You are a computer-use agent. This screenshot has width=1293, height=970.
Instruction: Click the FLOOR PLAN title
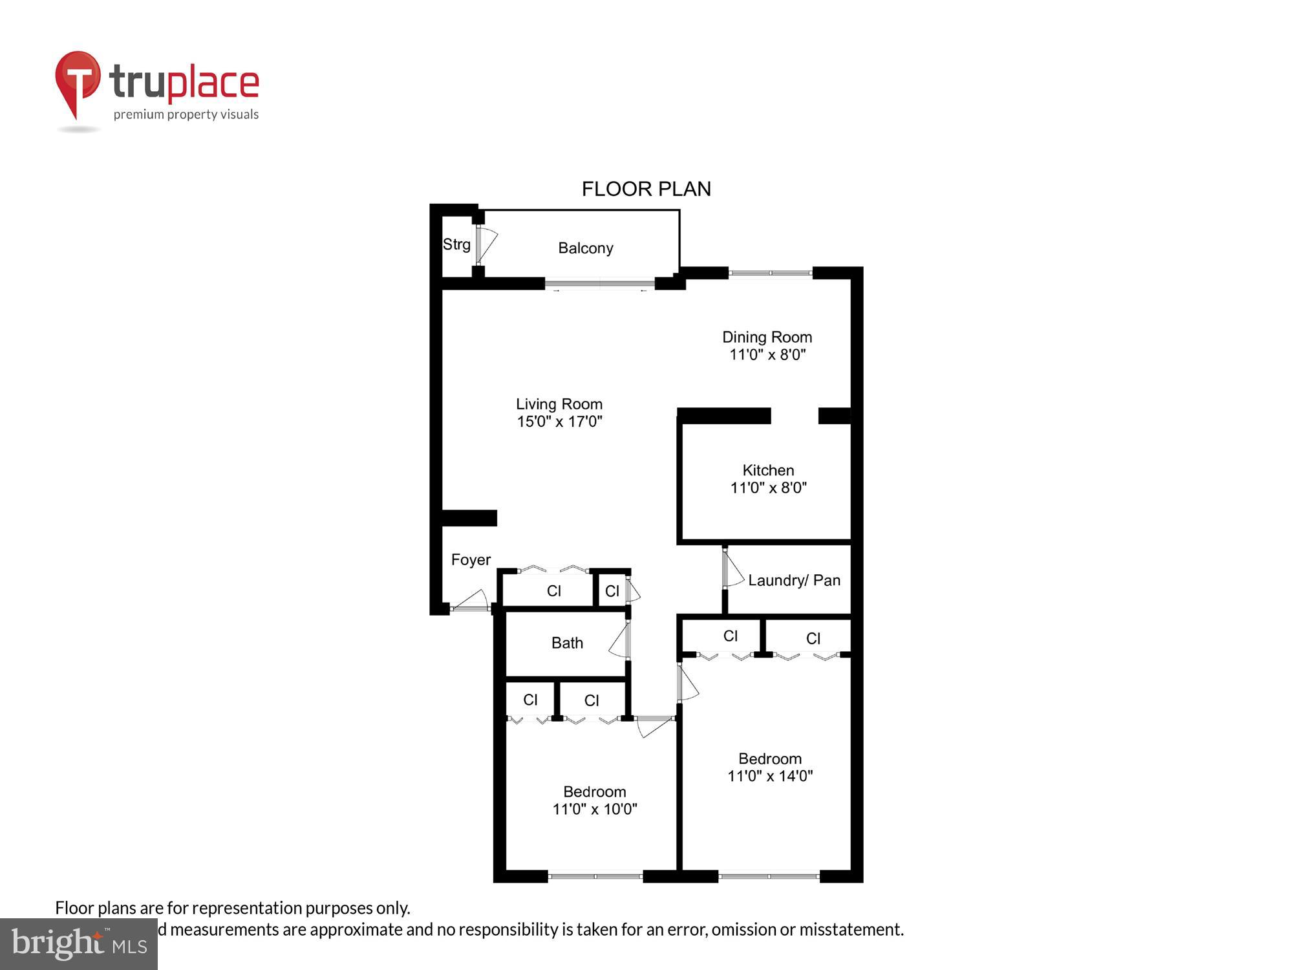(x=646, y=189)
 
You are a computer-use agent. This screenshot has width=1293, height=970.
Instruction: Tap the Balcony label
(x=585, y=248)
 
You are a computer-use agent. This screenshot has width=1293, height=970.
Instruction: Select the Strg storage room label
(x=456, y=244)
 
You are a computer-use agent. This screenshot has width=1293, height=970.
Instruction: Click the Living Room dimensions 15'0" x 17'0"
(x=559, y=422)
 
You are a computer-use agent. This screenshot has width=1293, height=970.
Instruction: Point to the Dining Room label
(x=767, y=337)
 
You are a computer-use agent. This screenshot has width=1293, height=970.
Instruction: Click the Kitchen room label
(x=768, y=470)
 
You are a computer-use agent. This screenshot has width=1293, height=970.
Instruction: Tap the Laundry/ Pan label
(x=794, y=580)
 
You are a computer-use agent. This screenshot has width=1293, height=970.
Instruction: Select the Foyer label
(x=471, y=559)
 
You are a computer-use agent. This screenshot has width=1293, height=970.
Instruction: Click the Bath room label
(x=567, y=643)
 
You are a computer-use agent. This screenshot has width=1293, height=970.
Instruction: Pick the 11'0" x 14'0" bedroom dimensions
(x=769, y=776)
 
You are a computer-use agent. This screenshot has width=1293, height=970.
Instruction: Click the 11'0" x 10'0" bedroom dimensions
(x=595, y=809)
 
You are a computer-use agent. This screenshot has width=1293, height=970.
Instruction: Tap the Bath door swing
(x=619, y=641)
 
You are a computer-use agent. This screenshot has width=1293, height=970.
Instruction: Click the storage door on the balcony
(x=486, y=244)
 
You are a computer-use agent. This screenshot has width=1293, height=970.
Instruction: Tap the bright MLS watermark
(x=79, y=944)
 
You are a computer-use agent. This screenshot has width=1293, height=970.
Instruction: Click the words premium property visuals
(x=186, y=114)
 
